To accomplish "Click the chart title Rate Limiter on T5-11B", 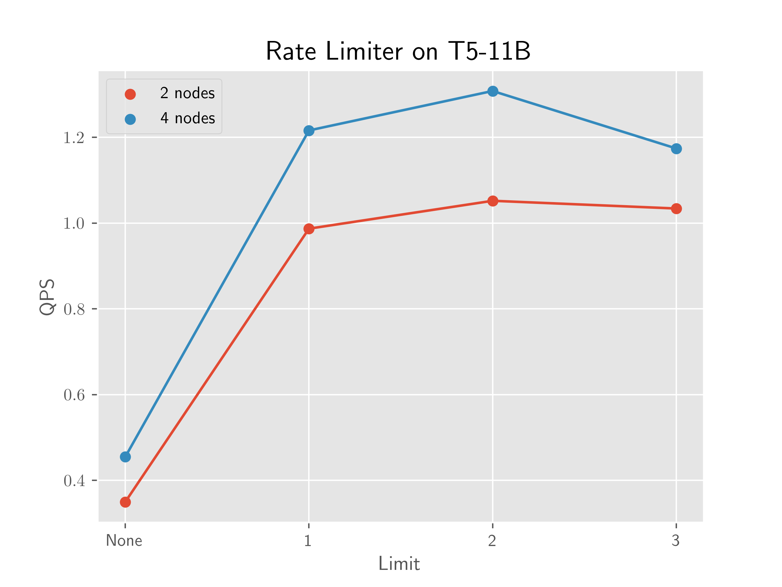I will [398, 51].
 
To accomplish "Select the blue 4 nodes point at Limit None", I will [125, 457].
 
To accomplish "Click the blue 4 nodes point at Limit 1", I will [309, 131].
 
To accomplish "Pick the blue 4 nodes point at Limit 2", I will [492, 91].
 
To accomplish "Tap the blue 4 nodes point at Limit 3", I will [676, 149].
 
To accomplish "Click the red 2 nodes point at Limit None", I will [125, 502].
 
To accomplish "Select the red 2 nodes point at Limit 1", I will [309, 229].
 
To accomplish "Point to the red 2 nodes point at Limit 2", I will [492, 201].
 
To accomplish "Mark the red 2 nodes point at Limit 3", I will [676, 209].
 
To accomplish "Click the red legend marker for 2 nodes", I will [130, 94].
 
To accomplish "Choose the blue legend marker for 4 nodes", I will [130, 119].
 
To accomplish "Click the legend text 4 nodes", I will [187, 118].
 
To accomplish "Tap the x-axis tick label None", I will [124, 541].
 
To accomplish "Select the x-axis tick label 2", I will [492, 541].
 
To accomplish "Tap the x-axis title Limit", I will [399, 564].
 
